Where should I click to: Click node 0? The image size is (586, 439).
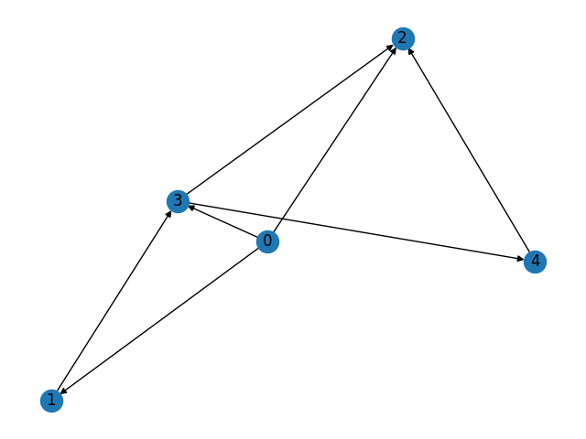pos(267,241)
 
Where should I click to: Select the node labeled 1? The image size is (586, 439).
pos(52,401)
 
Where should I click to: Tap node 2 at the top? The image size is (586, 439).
pos(402,38)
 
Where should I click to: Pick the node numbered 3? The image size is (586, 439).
pos(178,200)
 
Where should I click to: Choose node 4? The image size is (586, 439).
pos(535,262)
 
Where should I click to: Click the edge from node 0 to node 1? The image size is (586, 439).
pos(160,321)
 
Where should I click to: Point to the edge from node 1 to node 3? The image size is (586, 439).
pos(114,301)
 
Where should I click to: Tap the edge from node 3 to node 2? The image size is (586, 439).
pos(289,120)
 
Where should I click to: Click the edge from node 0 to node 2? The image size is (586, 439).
pos(334,140)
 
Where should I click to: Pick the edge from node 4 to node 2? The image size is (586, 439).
pos(468,150)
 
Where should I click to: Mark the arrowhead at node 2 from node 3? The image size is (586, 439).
pos(391,47)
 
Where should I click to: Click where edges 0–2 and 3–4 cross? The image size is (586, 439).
pos(282,219)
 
